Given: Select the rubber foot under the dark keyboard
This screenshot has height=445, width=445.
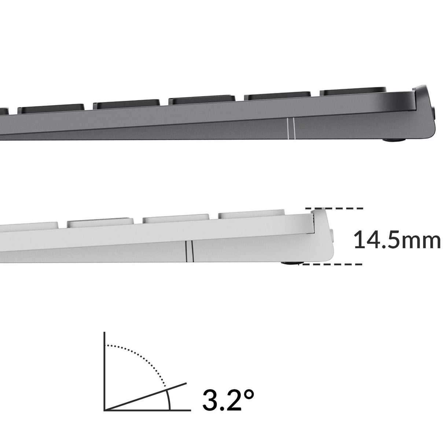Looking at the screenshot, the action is [394, 140].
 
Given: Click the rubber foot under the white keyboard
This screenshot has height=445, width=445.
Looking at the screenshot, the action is [293, 263].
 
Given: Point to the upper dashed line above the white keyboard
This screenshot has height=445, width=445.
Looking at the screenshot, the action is [334, 209].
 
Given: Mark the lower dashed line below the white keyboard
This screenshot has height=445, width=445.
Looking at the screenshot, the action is [330, 264].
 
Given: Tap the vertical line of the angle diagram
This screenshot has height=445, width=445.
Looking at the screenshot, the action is [104, 371].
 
